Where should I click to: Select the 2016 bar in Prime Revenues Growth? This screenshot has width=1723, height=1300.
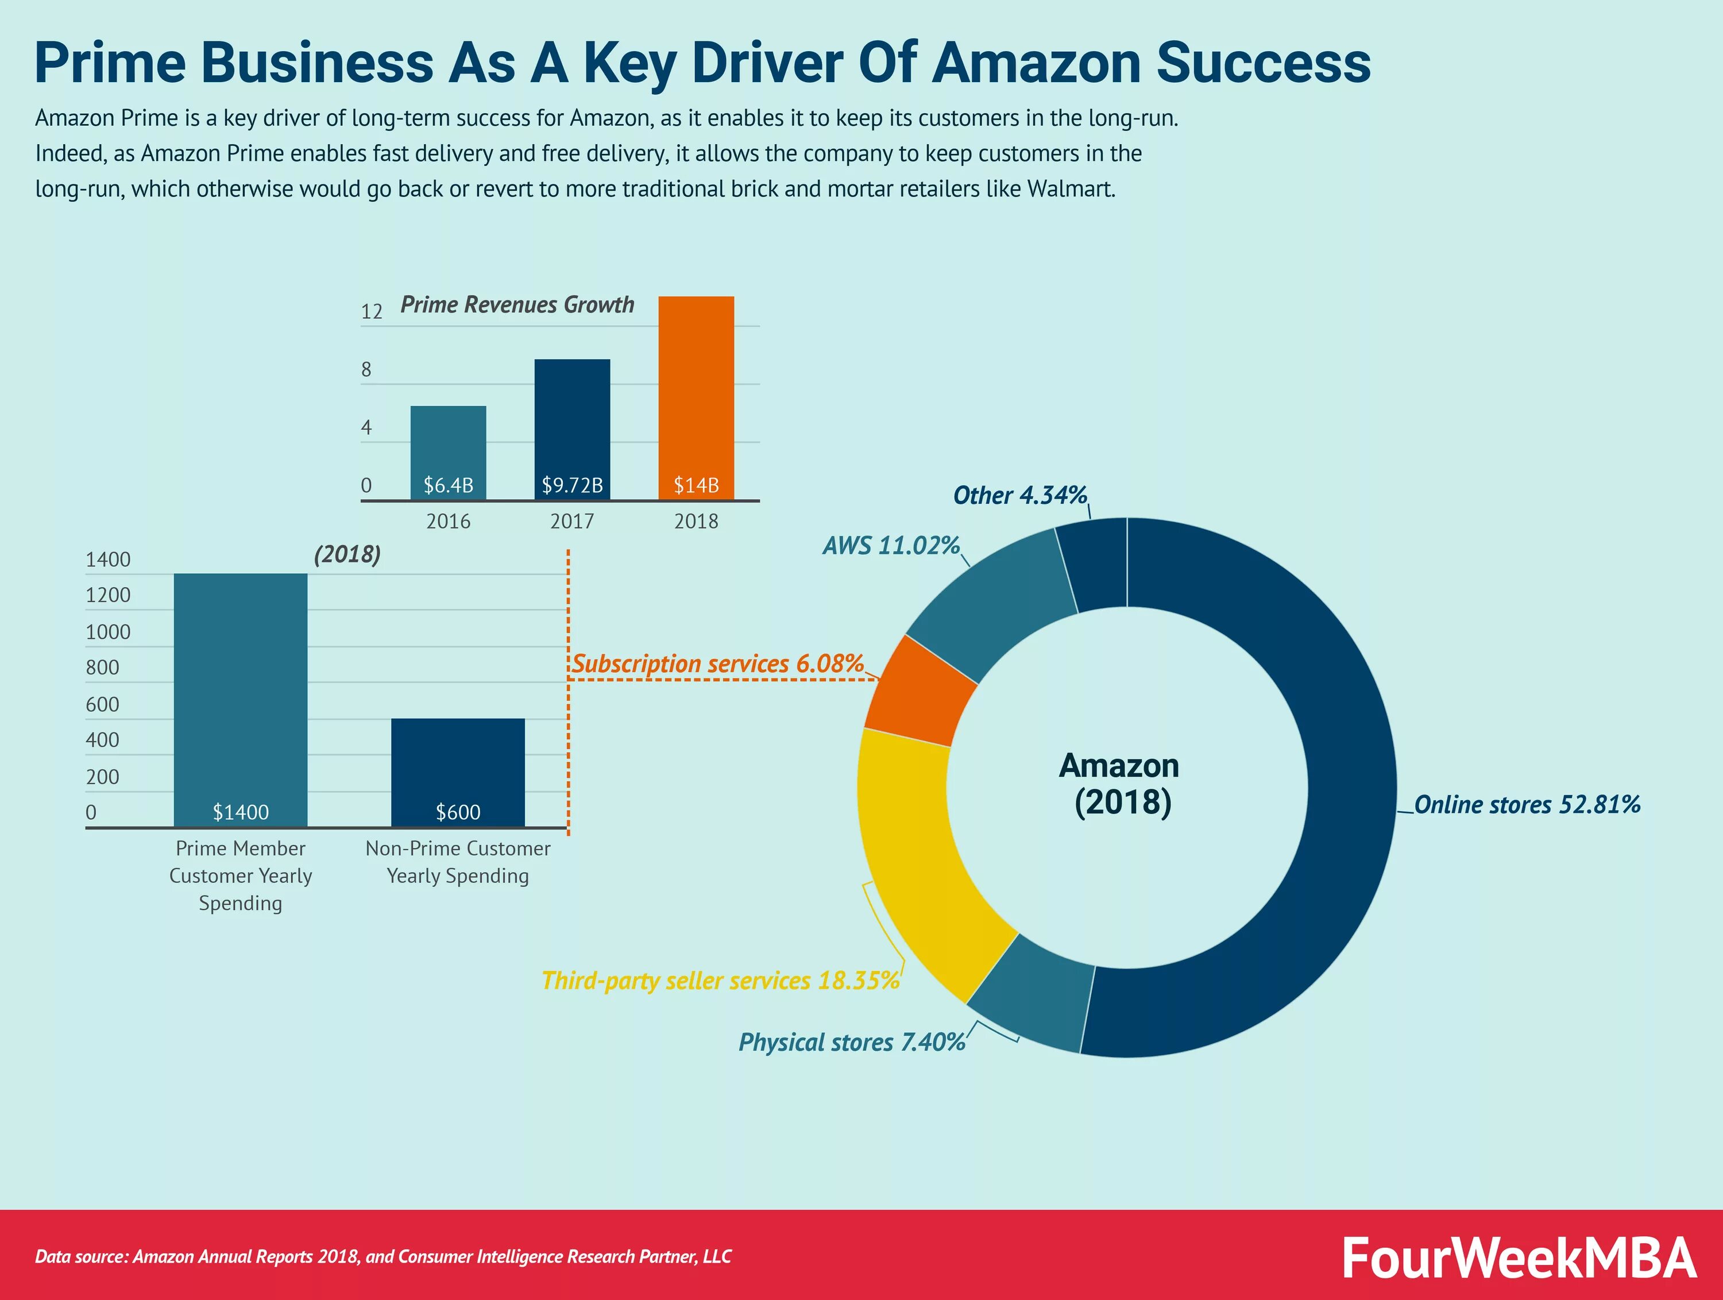[x=448, y=444]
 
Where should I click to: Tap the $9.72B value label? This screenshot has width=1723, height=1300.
[x=573, y=485]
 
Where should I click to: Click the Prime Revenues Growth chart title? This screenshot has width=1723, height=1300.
[x=517, y=304]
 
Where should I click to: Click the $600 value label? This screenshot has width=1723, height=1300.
[x=457, y=812]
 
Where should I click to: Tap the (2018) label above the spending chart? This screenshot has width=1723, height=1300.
[x=347, y=554]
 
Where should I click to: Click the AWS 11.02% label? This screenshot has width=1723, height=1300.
[x=890, y=545]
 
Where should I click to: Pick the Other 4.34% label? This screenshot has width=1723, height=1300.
[x=1019, y=495]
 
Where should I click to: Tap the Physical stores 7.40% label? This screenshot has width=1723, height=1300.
[x=851, y=1042]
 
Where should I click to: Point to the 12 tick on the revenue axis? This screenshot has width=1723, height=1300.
[x=372, y=311]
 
